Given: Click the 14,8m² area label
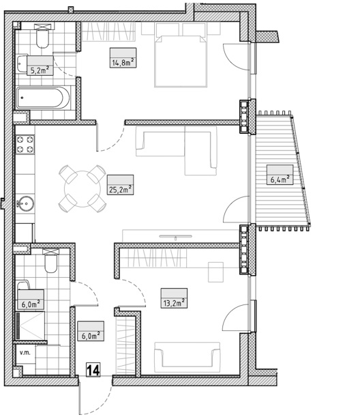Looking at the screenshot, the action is [123, 63].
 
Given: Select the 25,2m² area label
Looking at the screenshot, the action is [120, 190].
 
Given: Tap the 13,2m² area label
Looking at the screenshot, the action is [174, 303].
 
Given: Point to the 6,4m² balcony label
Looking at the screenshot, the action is [280, 179].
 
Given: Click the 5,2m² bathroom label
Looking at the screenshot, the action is [40, 71].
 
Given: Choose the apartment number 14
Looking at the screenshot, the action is [93, 370].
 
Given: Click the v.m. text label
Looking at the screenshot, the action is [25, 353].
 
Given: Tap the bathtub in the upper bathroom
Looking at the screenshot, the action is [43, 98].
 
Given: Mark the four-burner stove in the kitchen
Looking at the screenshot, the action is [25, 145].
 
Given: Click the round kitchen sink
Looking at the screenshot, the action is [25, 203].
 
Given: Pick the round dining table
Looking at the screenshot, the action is [82, 189].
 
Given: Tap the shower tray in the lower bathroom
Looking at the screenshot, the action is [31, 326].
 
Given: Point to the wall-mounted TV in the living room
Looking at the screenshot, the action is [176, 236].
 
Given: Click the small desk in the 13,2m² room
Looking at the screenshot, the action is [215, 272].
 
